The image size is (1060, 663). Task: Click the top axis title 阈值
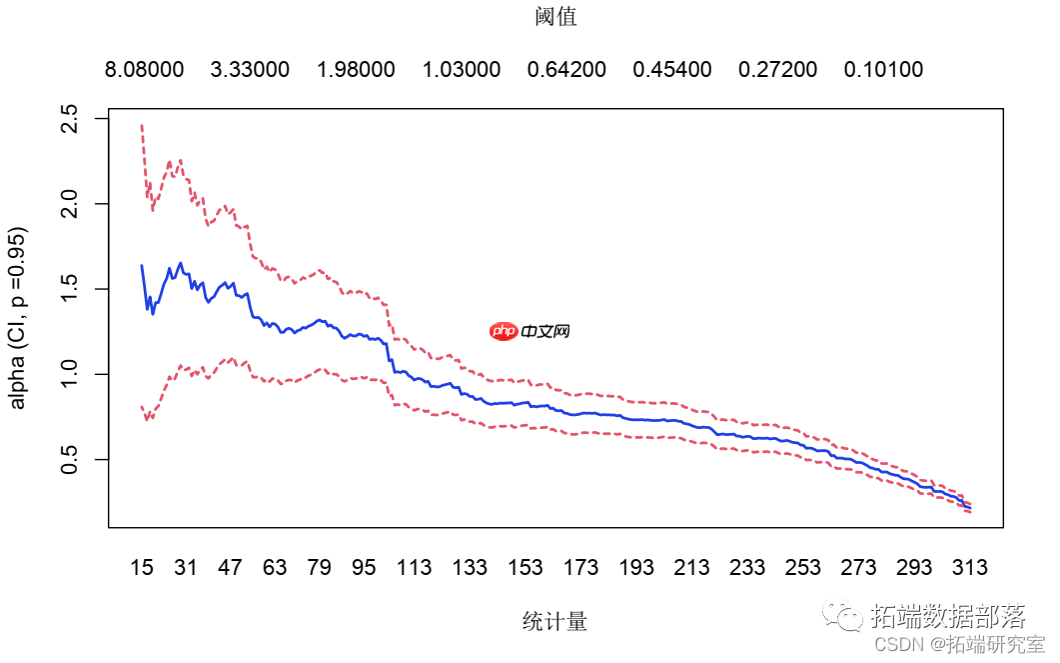point(555,17)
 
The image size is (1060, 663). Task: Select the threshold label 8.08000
point(144,70)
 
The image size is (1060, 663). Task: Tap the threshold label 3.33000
point(250,70)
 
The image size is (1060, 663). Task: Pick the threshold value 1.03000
point(462,70)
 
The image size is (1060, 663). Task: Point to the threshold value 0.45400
point(672,70)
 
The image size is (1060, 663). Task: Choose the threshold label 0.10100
point(883,70)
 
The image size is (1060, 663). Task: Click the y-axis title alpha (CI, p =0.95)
point(19,318)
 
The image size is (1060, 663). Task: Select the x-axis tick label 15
point(142,568)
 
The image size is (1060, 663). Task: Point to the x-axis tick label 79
point(319,568)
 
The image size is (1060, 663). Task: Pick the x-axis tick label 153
point(526,568)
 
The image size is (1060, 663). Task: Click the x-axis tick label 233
point(747,568)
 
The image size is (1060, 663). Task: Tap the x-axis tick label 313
point(969,568)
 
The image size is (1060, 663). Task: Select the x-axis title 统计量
point(555,621)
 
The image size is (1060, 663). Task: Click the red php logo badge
point(505,331)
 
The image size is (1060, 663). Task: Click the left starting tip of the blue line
point(142,266)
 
